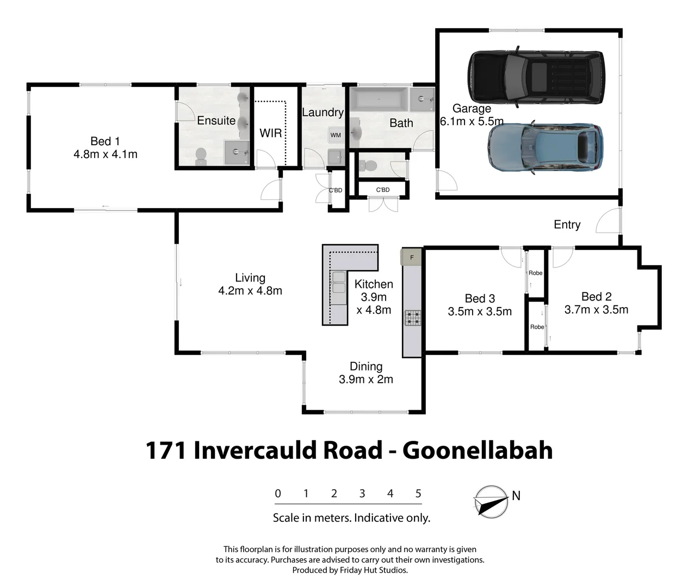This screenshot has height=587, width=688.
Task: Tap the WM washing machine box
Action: tap(336, 135)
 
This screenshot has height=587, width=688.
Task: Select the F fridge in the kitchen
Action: tap(412, 257)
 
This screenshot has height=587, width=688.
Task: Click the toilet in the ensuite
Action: tap(201, 155)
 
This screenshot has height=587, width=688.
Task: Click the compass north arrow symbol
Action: tap(491, 501)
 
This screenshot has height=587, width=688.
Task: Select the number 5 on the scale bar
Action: tap(418, 494)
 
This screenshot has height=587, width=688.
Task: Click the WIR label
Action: tap(271, 133)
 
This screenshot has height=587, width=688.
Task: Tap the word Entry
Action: tap(567, 224)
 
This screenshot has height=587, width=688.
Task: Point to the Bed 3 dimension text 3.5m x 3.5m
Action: tap(480, 311)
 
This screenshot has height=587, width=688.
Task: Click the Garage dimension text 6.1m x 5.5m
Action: tap(472, 121)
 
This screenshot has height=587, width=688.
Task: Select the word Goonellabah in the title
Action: tap(477, 450)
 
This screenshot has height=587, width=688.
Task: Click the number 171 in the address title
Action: tap(166, 450)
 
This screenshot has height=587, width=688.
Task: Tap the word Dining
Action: tap(366, 366)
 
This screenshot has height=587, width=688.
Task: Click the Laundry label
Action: tap(323, 112)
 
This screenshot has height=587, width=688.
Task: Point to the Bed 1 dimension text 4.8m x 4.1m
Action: tap(106, 154)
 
